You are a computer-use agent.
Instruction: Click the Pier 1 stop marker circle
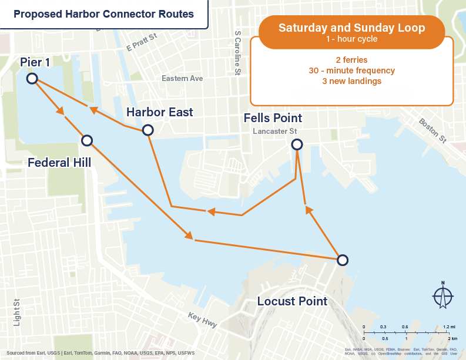pos(32,78)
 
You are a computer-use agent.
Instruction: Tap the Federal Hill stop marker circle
pos(87,140)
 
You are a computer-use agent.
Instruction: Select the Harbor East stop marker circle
pos(147,130)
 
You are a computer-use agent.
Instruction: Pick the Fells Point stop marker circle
pos(297,144)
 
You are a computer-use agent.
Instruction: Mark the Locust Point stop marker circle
pos(342,260)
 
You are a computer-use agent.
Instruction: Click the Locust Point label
pos(292,301)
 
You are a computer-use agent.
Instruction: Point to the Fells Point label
pos(273,119)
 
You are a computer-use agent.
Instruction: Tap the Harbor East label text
pos(160,112)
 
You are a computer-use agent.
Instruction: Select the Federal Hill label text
pos(59,162)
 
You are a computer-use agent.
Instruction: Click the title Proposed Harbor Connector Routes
pos(103,14)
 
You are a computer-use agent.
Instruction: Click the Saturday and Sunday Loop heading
pos(351,28)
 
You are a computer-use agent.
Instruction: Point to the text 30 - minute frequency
pos(351,70)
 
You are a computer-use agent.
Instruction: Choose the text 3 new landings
pos(351,81)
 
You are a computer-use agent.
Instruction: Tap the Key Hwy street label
pos(203,321)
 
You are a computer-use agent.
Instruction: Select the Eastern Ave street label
pos(182,78)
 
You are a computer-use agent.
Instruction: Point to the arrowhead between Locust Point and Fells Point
pos(306,210)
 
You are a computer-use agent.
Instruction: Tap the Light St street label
pos(17,314)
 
